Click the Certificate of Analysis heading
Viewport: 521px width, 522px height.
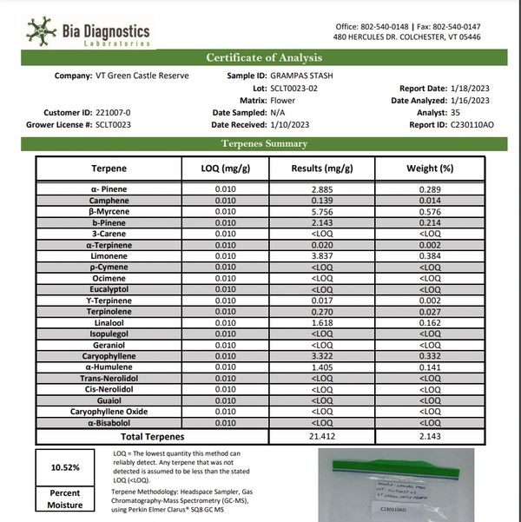(263, 58)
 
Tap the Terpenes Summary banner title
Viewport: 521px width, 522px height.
(263, 143)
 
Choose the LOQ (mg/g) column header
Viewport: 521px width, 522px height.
(225, 168)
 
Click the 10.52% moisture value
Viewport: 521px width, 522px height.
(66, 467)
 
